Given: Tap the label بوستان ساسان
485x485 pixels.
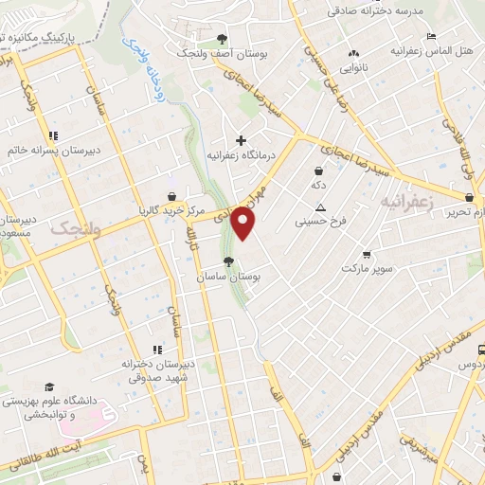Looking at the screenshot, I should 227,277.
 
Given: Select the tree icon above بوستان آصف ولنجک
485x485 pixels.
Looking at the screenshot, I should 222,39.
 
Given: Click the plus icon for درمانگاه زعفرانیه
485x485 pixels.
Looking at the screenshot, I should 242,141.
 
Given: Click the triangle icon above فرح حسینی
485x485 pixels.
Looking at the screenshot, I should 320,208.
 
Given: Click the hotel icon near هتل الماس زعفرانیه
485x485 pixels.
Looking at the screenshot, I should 432,36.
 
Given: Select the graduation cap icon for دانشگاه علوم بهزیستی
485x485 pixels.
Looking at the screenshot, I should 49,386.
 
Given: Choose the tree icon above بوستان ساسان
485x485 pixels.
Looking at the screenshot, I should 227,261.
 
